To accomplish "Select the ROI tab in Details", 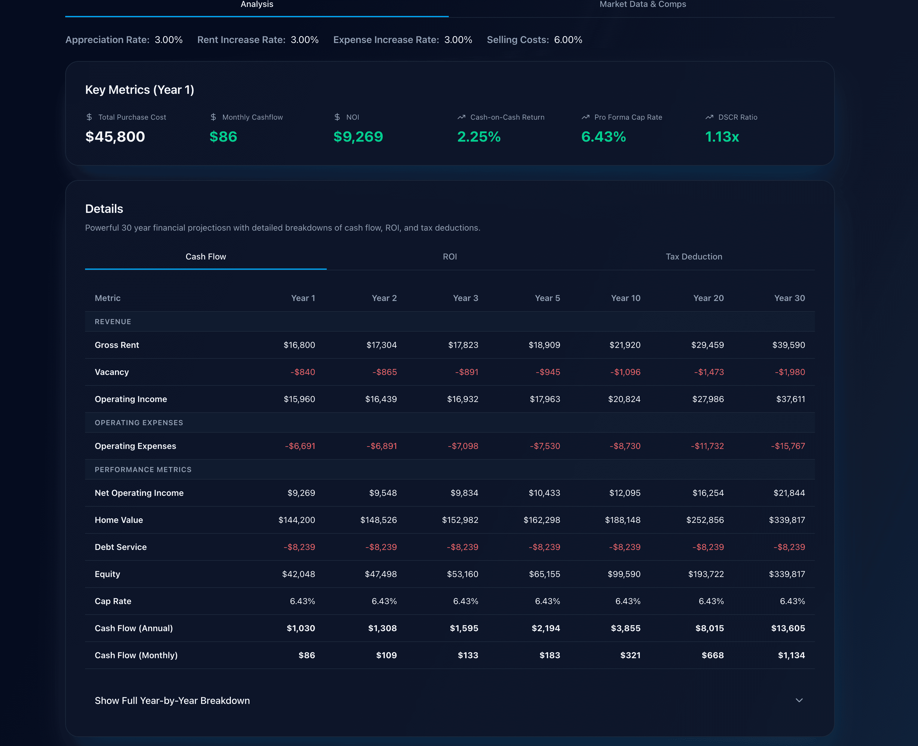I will (x=449, y=256).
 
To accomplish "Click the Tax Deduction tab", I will (x=693, y=256).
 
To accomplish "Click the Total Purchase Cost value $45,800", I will (x=115, y=137).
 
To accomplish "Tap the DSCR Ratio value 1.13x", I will (x=722, y=137).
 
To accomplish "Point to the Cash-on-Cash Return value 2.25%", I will (x=479, y=137).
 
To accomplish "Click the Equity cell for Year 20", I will (x=706, y=574).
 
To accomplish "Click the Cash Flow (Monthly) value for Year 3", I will (x=467, y=655).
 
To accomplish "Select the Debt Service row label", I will (x=121, y=547).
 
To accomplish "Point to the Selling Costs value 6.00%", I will (x=568, y=39).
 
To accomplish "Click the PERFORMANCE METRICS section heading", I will (x=143, y=469).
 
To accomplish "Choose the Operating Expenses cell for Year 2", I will (x=381, y=446).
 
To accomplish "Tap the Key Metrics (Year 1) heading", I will (x=139, y=90).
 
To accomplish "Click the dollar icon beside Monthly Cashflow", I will (x=213, y=117).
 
